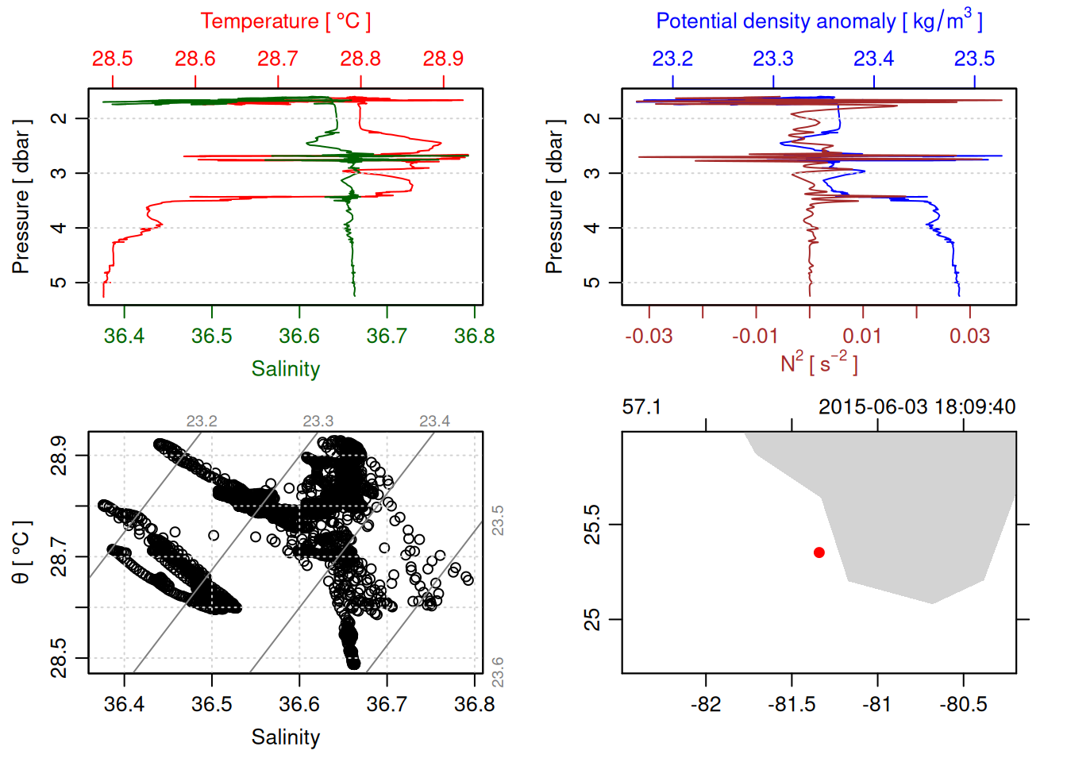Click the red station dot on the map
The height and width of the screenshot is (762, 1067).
819,552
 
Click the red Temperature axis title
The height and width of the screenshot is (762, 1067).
285,21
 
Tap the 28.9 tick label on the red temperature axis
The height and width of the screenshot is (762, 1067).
443,59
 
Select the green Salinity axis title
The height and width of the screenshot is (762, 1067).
285,369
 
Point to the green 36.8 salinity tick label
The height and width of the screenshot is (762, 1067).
474,337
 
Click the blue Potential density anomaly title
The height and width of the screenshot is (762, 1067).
819,21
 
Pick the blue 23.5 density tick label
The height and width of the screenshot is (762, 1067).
974,59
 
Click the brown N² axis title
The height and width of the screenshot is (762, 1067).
819,364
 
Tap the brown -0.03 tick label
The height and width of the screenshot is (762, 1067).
649,337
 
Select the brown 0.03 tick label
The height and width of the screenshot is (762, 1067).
969,337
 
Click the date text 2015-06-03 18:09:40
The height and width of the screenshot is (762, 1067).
917,407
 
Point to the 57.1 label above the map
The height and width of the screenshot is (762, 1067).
641,407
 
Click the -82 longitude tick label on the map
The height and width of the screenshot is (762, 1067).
705,705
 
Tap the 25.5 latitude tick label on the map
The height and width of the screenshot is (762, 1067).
592,525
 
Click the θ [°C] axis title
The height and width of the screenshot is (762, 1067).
21,552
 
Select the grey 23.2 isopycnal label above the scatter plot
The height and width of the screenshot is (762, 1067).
202,421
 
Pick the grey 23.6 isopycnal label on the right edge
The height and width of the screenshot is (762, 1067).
498,672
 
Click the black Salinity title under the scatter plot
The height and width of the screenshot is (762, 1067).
285,737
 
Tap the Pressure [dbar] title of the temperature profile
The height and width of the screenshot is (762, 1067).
21,197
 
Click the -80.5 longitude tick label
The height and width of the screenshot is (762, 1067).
963,705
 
